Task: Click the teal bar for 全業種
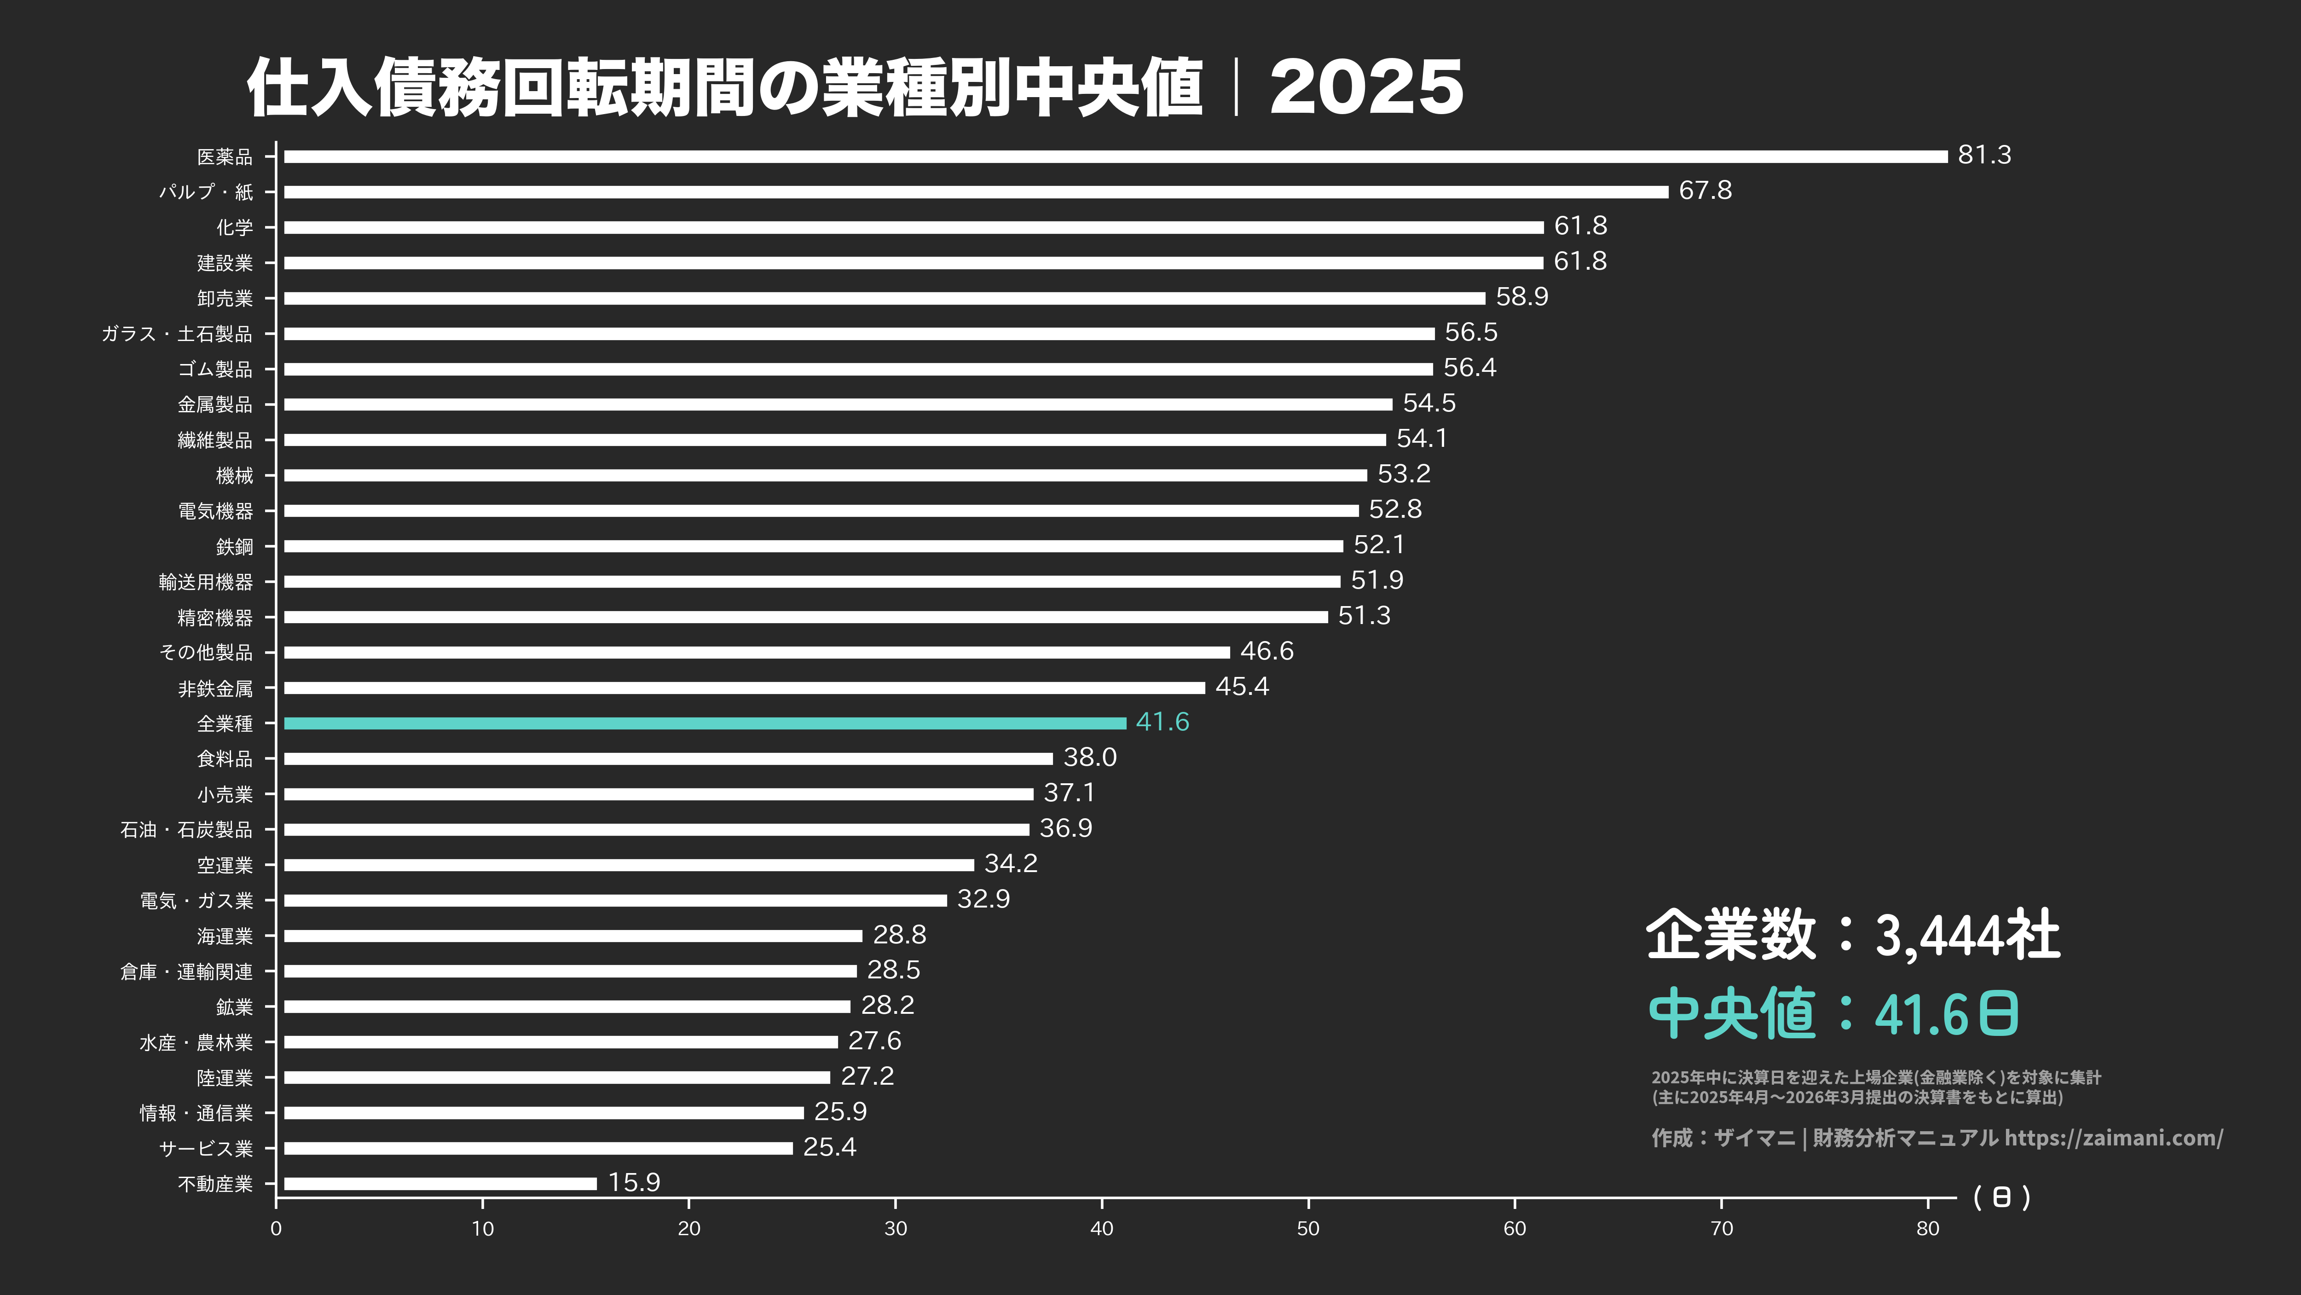coord(704,723)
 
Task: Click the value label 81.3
coord(1984,156)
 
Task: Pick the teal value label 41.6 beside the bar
coord(1162,722)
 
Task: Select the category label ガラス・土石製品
coord(177,334)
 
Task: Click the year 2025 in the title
coord(1366,87)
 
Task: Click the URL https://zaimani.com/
coord(2113,1138)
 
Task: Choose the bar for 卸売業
coord(885,298)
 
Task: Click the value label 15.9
coord(634,1182)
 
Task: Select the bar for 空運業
coord(629,865)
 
